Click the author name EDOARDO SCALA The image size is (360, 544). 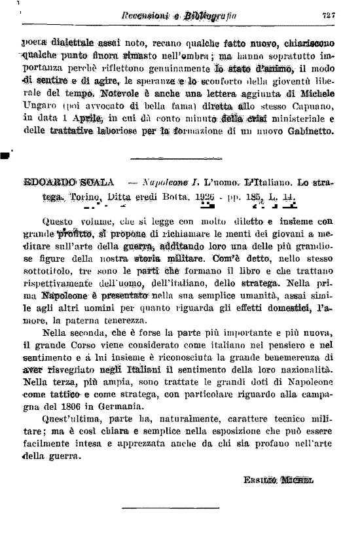click(x=61, y=181)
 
